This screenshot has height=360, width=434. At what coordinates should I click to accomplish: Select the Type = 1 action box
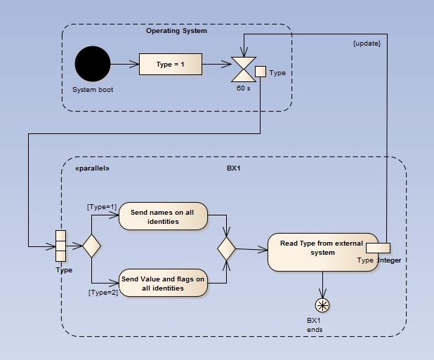[x=171, y=65]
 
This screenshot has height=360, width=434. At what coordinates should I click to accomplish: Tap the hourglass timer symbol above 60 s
[x=244, y=70]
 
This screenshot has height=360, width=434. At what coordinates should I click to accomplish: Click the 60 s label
[x=243, y=89]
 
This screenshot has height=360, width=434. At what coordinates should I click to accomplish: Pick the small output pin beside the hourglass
[x=260, y=71]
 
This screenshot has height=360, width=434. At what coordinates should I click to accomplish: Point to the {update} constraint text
[x=366, y=44]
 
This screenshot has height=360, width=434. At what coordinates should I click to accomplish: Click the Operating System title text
[x=176, y=31]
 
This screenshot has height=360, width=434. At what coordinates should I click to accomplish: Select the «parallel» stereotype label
[x=92, y=169]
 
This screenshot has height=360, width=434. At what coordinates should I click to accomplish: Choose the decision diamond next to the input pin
[x=92, y=246]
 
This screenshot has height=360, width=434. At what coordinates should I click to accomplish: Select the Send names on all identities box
[x=164, y=217]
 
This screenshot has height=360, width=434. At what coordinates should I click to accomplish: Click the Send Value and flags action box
[x=164, y=284]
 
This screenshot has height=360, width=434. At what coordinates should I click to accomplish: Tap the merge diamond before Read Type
[x=226, y=248]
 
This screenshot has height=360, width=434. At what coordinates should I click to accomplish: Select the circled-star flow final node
[x=322, y=304]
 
